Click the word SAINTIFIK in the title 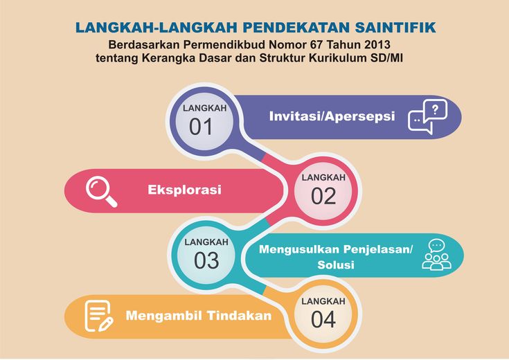point(395,28)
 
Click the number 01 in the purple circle point(201,127)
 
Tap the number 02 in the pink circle point(323,197)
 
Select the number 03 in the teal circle point(206,261)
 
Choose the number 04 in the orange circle point(323,319)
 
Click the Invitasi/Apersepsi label point(332,116)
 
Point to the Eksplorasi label point(184,190)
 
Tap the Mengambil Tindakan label point(198,316)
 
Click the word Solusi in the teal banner point(336,264)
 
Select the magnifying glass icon point(101,191)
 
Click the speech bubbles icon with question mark point(427,116)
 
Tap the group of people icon point(436,255)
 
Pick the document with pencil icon point(98,316)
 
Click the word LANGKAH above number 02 point(323,177)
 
